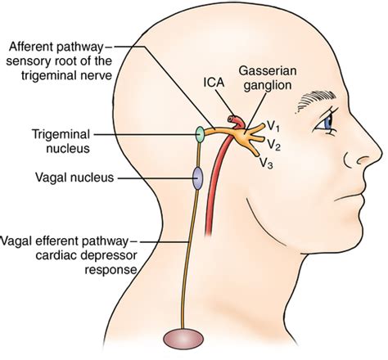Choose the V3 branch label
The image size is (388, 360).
coord(265,164)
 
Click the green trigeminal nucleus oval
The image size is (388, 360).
coord(197,133)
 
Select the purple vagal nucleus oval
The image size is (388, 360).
coord(197,177)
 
